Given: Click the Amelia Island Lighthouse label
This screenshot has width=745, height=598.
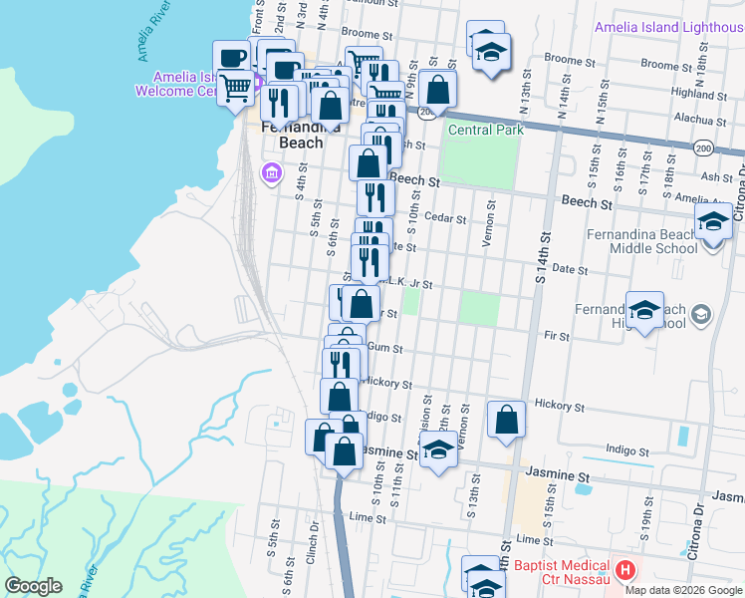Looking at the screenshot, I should pyautogui.click(x=668, y=28).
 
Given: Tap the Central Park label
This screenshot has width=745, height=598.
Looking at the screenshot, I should pyautogui.click(x=486, y=130).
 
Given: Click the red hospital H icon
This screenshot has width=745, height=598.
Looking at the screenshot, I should pyautogui.click(x=624, y=571).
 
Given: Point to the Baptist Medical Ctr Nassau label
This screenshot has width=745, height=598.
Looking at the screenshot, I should pyautogui.click(x=563, y=571).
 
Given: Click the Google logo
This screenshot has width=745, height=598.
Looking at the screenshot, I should pyautogui.click(x=33, y=586).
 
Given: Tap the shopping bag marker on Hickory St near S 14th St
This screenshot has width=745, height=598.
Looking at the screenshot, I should pyautogui.click(x=507, y=420).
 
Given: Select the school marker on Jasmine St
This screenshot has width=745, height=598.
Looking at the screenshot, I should pyautogui.click(x=437, y=450).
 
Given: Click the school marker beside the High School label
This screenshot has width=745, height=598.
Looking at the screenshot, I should pyautogui.click(x=644, y=310).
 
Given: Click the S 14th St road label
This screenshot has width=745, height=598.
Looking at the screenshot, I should pyautogui.click(x=544, y=258).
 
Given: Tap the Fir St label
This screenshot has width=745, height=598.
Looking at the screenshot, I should pyautogui.click(x=557, y=337).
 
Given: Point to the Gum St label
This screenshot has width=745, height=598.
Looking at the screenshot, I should pyautogui.click(x=384, y=348).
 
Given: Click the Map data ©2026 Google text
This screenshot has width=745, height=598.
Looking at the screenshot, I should pyautogui.click(x=683, y=590).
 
